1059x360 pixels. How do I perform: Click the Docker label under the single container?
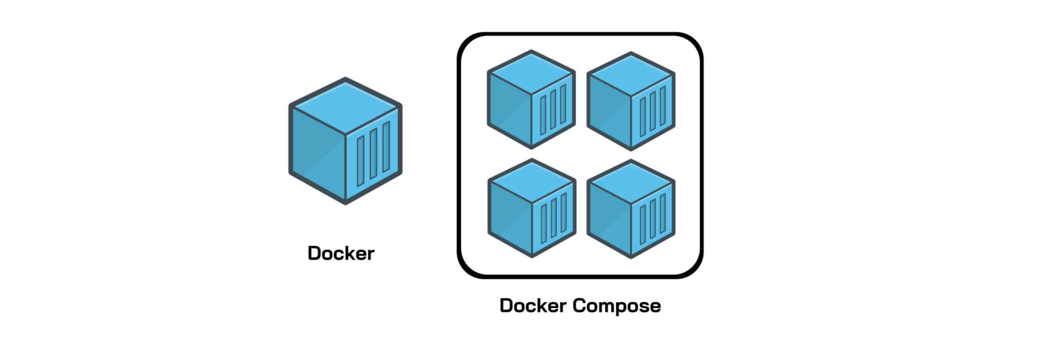tap(341, 253)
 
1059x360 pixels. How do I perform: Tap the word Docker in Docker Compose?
tap(533, 306)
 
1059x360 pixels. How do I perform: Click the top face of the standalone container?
tap(346, 106)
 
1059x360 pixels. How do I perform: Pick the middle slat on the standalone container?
tap(373, 154)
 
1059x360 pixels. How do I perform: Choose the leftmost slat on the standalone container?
tap(361, 161)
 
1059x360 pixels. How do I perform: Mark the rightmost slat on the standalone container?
tap(386, 147)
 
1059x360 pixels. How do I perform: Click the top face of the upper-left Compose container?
tap(532, 73)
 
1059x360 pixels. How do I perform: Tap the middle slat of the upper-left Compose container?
tap(553, 109)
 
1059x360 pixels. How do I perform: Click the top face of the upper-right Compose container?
tap(631, 74)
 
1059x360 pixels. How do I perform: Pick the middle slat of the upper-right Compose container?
tap(653, 111)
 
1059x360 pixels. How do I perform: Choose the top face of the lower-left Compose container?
tap(532, 181)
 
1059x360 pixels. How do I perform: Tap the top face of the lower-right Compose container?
tap(631, 183)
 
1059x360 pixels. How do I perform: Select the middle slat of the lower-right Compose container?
tap(653, 219)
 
